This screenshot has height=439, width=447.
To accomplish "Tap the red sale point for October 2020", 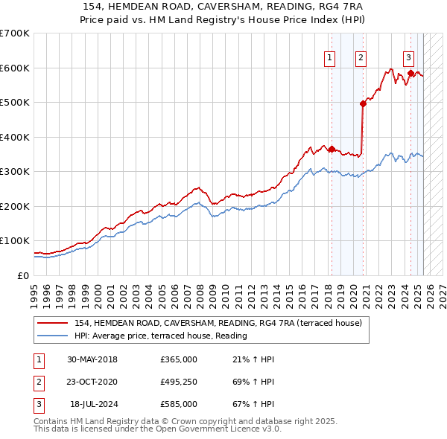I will pos(364,104).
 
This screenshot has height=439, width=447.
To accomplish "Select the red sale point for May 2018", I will pos(332,149).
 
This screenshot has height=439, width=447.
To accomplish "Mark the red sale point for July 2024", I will pos(410,73).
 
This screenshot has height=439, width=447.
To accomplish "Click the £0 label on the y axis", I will pos(24,275).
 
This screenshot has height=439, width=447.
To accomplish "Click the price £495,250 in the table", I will pos(179,382).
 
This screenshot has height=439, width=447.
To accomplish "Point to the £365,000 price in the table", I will pos(179,359).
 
